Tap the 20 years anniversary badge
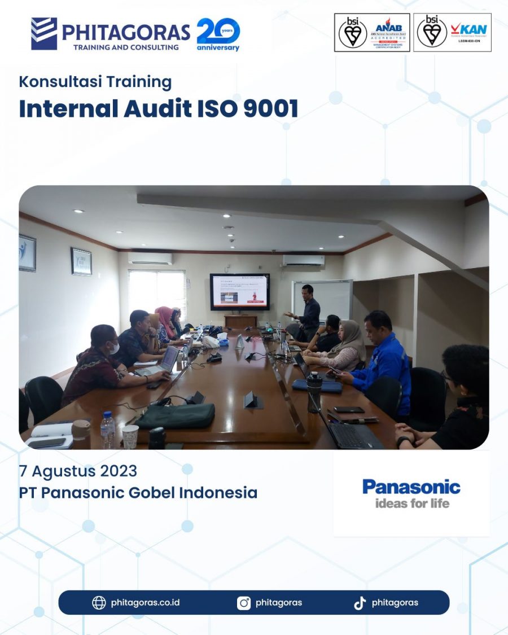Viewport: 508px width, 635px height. pos(218,34)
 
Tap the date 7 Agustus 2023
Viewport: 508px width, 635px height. pos(78,470)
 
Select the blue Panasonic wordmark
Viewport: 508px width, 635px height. pos(411,487)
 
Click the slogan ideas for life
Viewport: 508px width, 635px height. pos(412,502)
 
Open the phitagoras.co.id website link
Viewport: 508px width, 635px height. pos(145,602)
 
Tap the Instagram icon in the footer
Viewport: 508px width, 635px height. pos(244,603)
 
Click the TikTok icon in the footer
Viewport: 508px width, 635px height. pos(360,603)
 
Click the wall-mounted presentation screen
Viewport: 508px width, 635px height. pos(239,292)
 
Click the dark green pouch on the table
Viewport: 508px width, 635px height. pos(176,415)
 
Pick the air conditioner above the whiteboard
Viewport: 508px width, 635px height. pos(303,260)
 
